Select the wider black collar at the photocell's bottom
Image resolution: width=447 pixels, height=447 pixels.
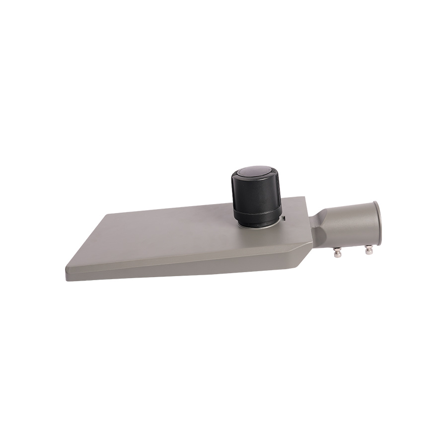257,217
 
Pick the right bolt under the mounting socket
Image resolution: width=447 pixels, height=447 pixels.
369,251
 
